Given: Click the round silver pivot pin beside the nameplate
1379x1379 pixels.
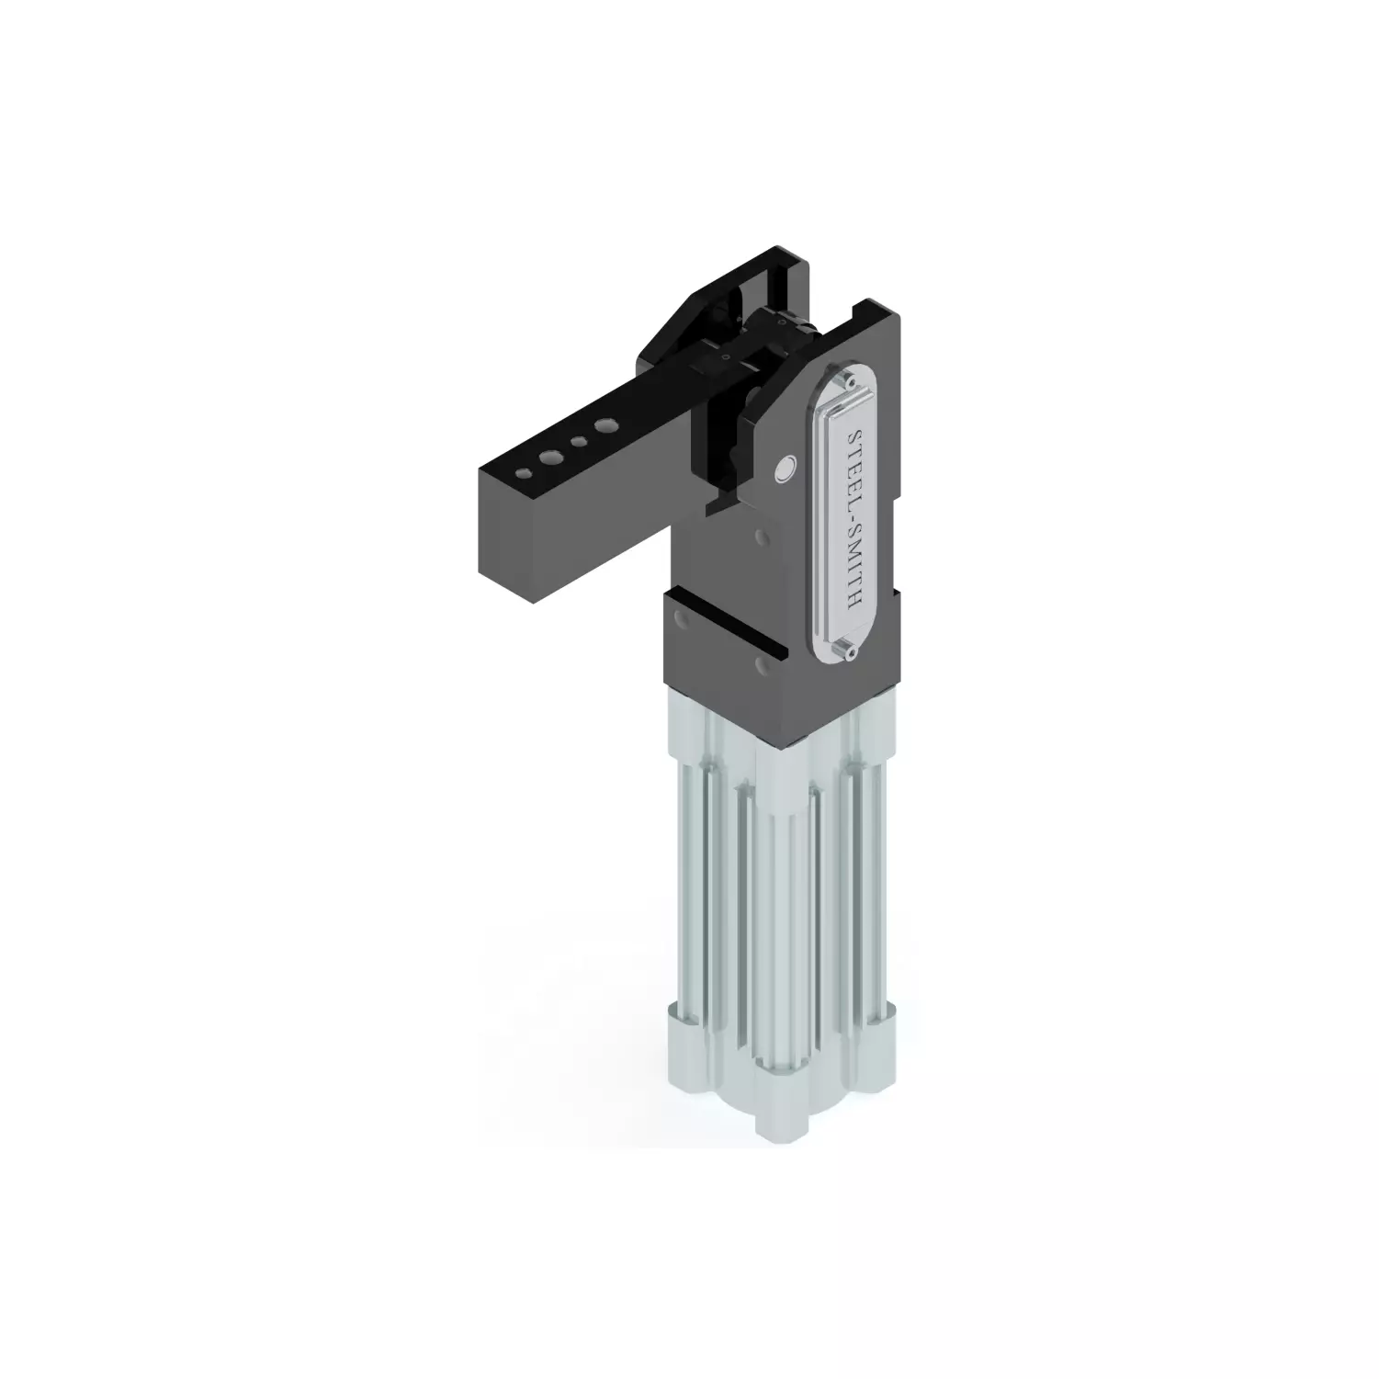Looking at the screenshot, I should tap(784, 469).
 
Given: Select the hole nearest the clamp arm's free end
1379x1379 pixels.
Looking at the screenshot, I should tap(523, 472).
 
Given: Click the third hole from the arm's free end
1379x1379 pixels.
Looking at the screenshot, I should tap(579, 442).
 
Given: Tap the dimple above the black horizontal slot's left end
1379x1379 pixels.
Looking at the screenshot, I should tap(681, 617).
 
